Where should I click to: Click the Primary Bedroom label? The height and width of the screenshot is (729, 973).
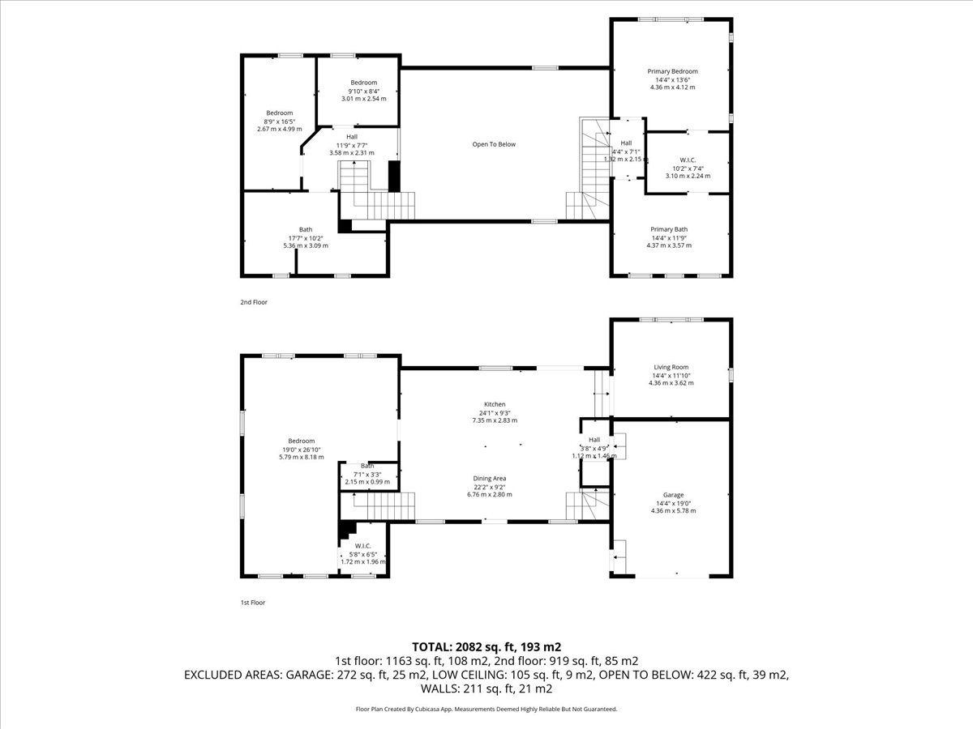coord(672,71)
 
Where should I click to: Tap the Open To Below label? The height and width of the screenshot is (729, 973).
coord(494,144)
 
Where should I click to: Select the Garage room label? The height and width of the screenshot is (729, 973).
coord(673,495)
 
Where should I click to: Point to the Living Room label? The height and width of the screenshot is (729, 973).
coord(671,367)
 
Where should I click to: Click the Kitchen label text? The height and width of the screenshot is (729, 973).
coord(495,404)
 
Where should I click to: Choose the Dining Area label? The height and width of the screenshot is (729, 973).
coord(490,479)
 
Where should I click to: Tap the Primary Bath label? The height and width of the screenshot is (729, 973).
coord(669,229)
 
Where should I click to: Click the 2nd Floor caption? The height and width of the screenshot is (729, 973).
coord(254,302)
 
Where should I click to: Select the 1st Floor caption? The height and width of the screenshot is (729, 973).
coord(253,603)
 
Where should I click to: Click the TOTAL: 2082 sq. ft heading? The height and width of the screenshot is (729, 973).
coord(464,647)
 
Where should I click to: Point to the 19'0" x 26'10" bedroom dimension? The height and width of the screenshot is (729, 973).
coord(302,450)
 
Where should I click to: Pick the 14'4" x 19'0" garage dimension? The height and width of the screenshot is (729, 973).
coord(673,503)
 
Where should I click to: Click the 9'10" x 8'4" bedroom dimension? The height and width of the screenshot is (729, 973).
coord(364,92)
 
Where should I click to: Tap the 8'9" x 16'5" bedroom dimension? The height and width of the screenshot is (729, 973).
coord(279,122)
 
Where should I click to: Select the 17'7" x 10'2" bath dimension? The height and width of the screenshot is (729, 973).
coord(306,237)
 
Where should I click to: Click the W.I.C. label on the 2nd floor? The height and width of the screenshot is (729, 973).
coord(688,160)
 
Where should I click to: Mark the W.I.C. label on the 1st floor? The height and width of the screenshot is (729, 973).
coord(363,546)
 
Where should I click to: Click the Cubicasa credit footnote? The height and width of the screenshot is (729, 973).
coord(486,709)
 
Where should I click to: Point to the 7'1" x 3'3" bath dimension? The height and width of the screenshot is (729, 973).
coord(367,474)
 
